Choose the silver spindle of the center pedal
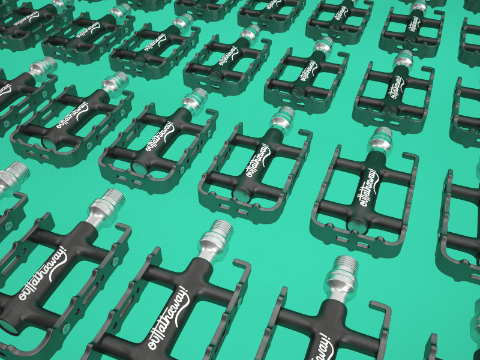(282, 118)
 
